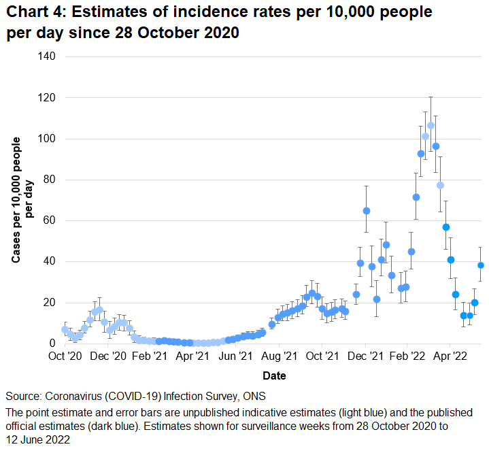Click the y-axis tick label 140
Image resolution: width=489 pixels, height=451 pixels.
46,57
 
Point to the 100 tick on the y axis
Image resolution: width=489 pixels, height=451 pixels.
46,139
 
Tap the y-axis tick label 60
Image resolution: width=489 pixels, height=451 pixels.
49,220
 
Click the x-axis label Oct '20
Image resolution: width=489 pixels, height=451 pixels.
65,356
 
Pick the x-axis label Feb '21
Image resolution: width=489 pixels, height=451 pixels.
151,356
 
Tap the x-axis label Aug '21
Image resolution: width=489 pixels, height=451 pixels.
279,356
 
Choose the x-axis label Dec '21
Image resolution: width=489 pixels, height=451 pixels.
365,356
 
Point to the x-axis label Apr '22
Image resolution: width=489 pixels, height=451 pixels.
450,356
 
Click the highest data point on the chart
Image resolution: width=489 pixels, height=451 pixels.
431,125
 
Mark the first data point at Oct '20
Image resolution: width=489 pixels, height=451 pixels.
65,329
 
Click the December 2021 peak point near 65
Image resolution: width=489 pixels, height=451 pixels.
367,211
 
